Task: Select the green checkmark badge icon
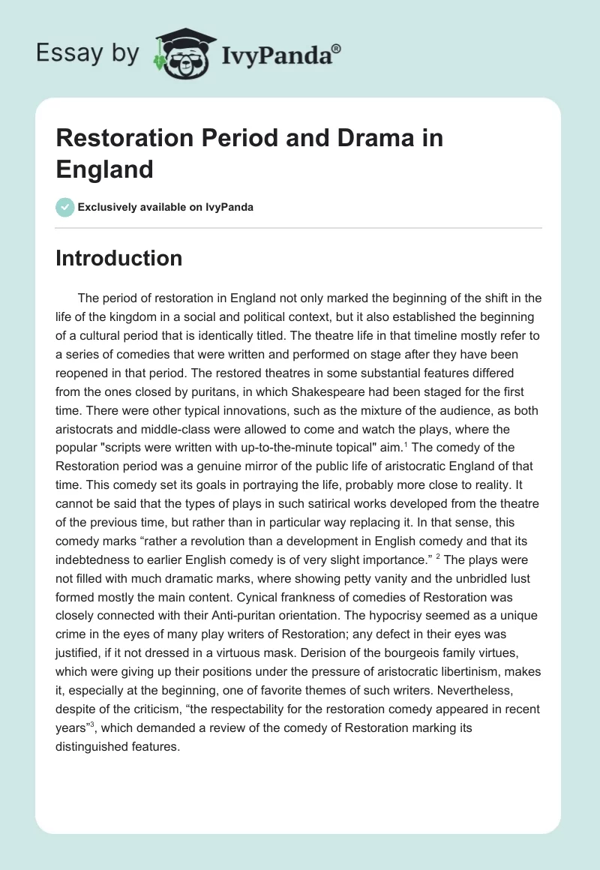click(65, 207)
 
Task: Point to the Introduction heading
click(119, 258)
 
